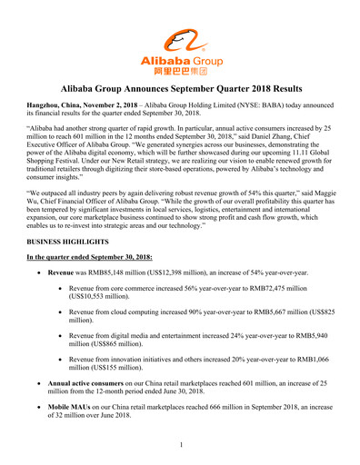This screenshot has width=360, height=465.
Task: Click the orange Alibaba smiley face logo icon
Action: [x=179, y=40]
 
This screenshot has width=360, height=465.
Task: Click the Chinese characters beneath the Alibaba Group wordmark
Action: [x=179, y=69]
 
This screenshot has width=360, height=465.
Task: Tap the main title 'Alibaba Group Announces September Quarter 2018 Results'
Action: [x=180, y=91]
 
